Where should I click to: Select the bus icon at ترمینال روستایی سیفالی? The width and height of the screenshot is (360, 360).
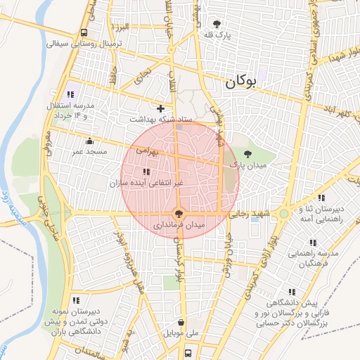(85, 32)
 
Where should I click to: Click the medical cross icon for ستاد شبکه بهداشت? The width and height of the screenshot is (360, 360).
(162, 108)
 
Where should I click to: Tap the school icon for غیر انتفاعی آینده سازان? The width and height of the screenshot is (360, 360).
(146, 172)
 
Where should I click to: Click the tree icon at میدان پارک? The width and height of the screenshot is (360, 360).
(247, 153)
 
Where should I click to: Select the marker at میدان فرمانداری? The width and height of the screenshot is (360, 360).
(178, 212)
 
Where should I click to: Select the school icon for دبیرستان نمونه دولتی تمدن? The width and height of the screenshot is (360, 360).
(76, 300)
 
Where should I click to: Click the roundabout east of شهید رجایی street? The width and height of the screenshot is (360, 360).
(283, 213)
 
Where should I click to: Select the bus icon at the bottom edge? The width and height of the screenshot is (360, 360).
(188, 352)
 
